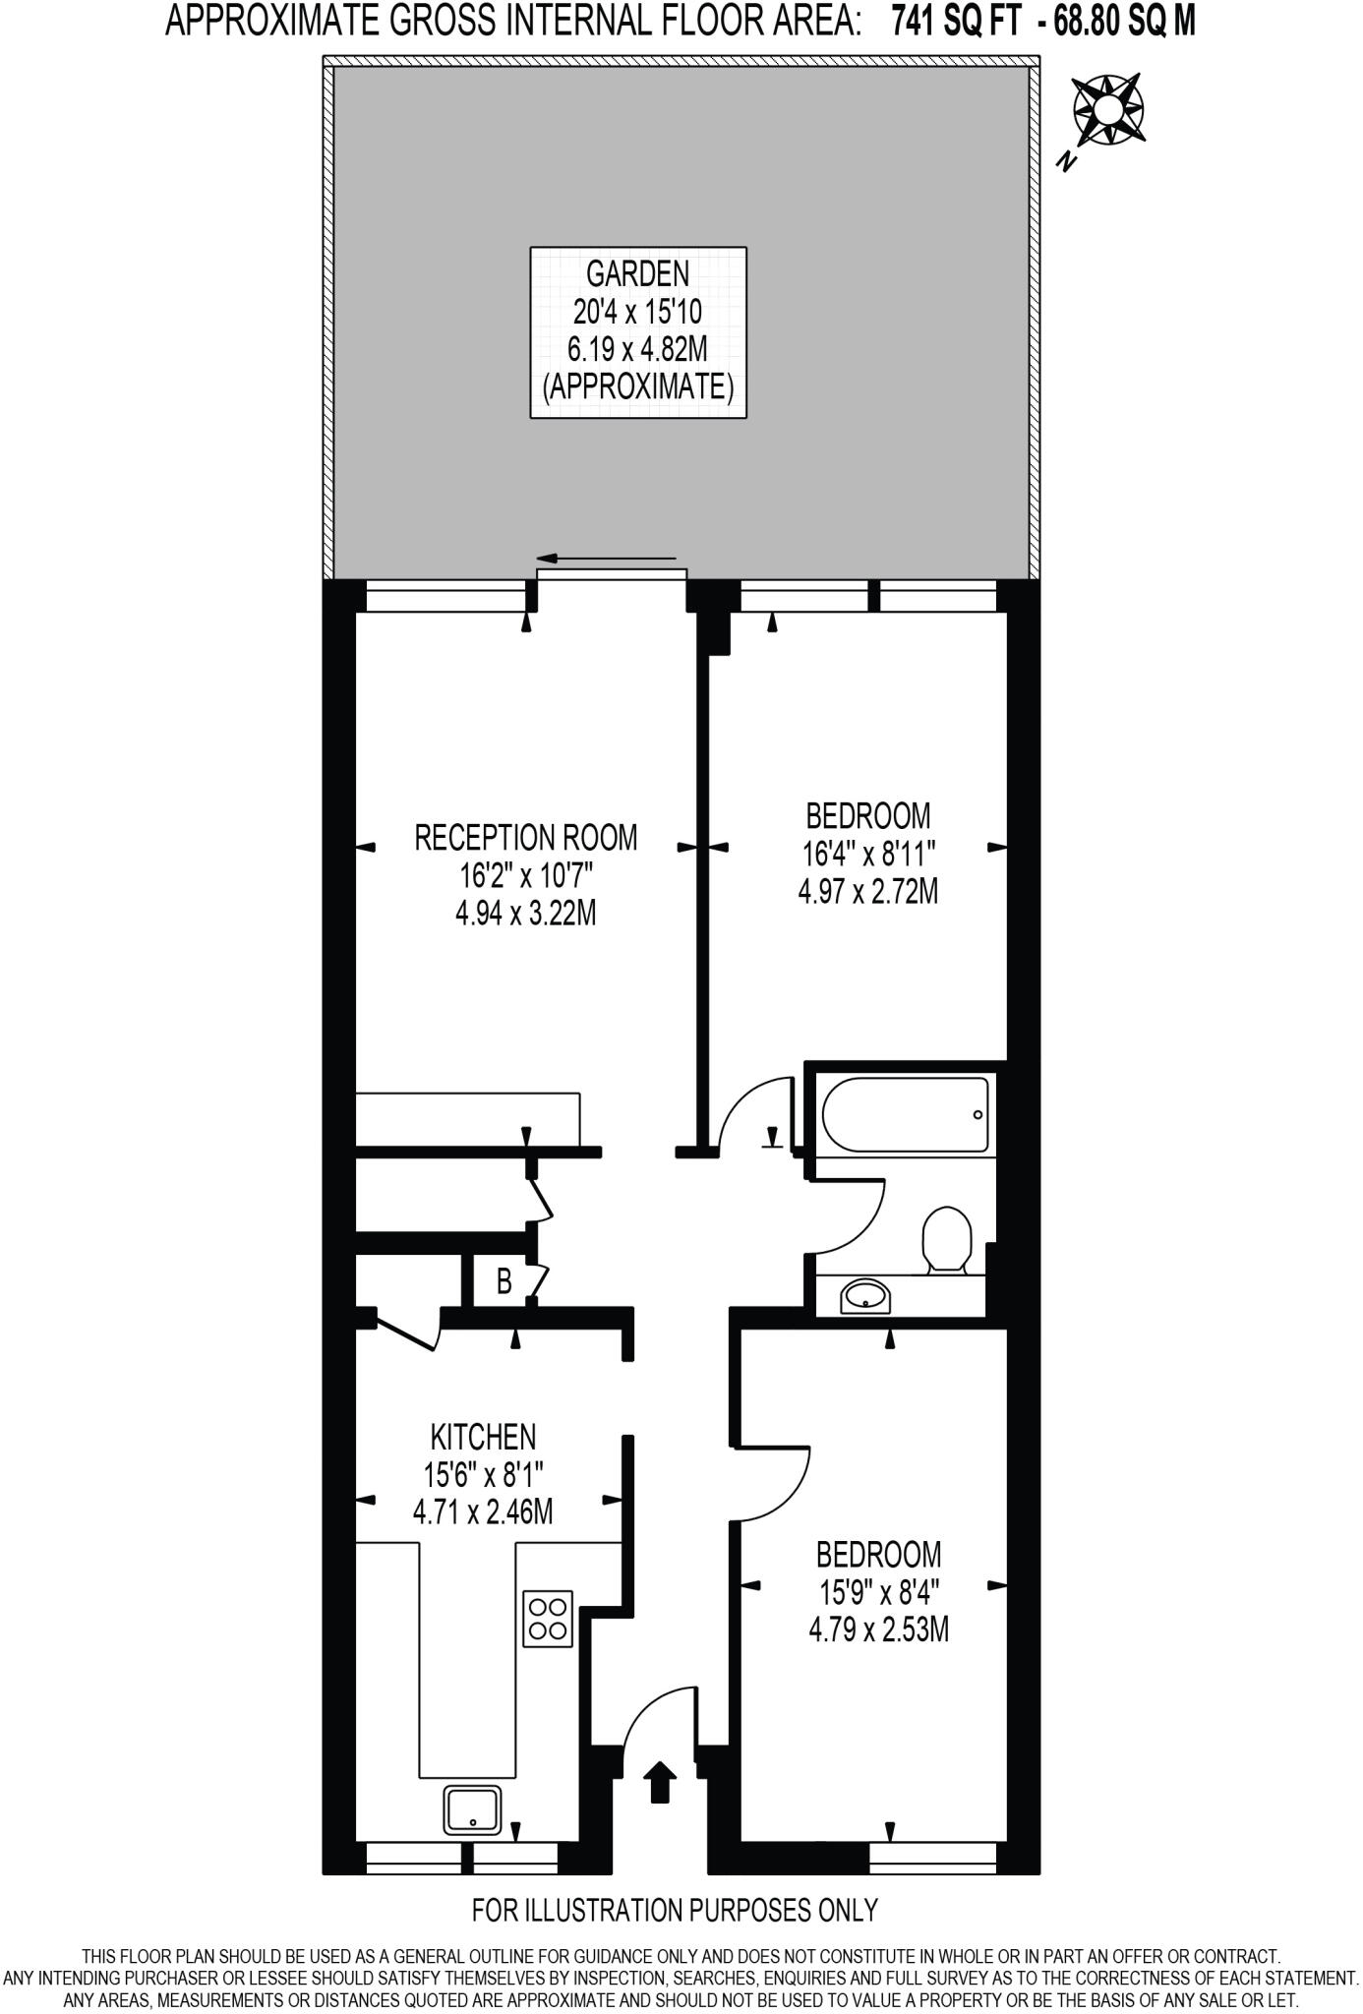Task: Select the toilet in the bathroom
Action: coord(947,1240)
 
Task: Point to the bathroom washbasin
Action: coord(865,1296)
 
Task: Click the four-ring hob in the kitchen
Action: coord(548,1618)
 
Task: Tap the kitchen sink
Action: coord(473,1808)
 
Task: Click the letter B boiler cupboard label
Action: coord(504,1281)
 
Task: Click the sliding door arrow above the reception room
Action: coord(606,558)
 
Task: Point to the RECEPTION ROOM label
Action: coord(525,838)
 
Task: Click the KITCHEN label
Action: coord(483,1437)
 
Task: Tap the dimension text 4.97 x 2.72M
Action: coord(867,892)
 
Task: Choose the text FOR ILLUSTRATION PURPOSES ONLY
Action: coord(675,1910)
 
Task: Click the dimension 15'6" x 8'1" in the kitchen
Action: coord(483,1474)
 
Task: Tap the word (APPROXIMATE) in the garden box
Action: coord(637,387)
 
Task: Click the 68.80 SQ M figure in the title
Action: coord(1125,21)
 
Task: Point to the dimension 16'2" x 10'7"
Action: coord(525,875)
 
